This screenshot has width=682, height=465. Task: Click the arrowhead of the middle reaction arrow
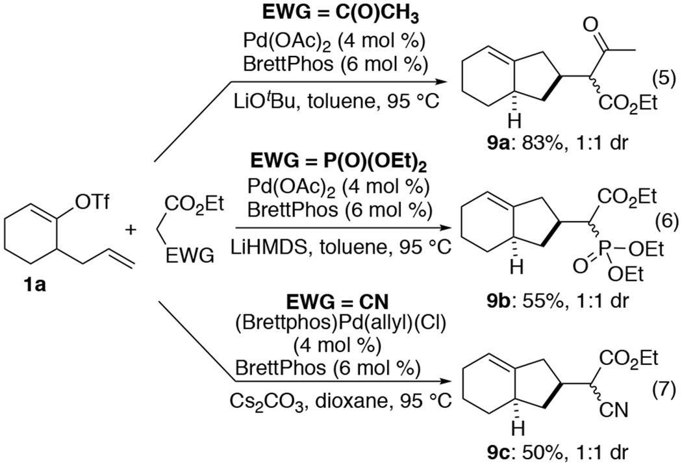point(449,228)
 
